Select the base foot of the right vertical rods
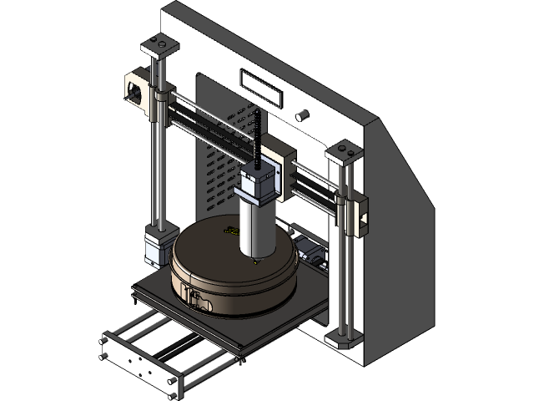point(341,338)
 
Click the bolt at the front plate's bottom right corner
point(174,382)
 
